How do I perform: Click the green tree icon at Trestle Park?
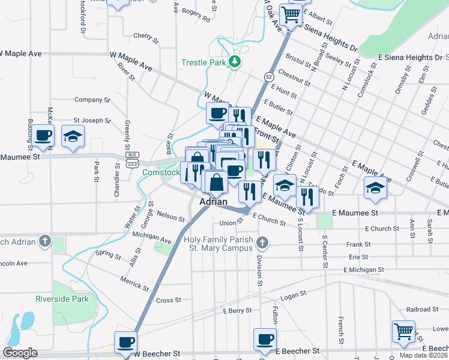coord(236,61)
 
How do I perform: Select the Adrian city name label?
coord(214,202)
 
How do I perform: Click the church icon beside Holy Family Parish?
coord(261,243)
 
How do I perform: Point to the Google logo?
coord(20,353)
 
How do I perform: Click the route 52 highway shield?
coord(268,77)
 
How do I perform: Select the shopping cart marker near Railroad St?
coord(403,331)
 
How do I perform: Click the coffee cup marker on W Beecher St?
coord(125,342)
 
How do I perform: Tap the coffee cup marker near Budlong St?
coord(43,136)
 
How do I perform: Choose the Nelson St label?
coord(170,215)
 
